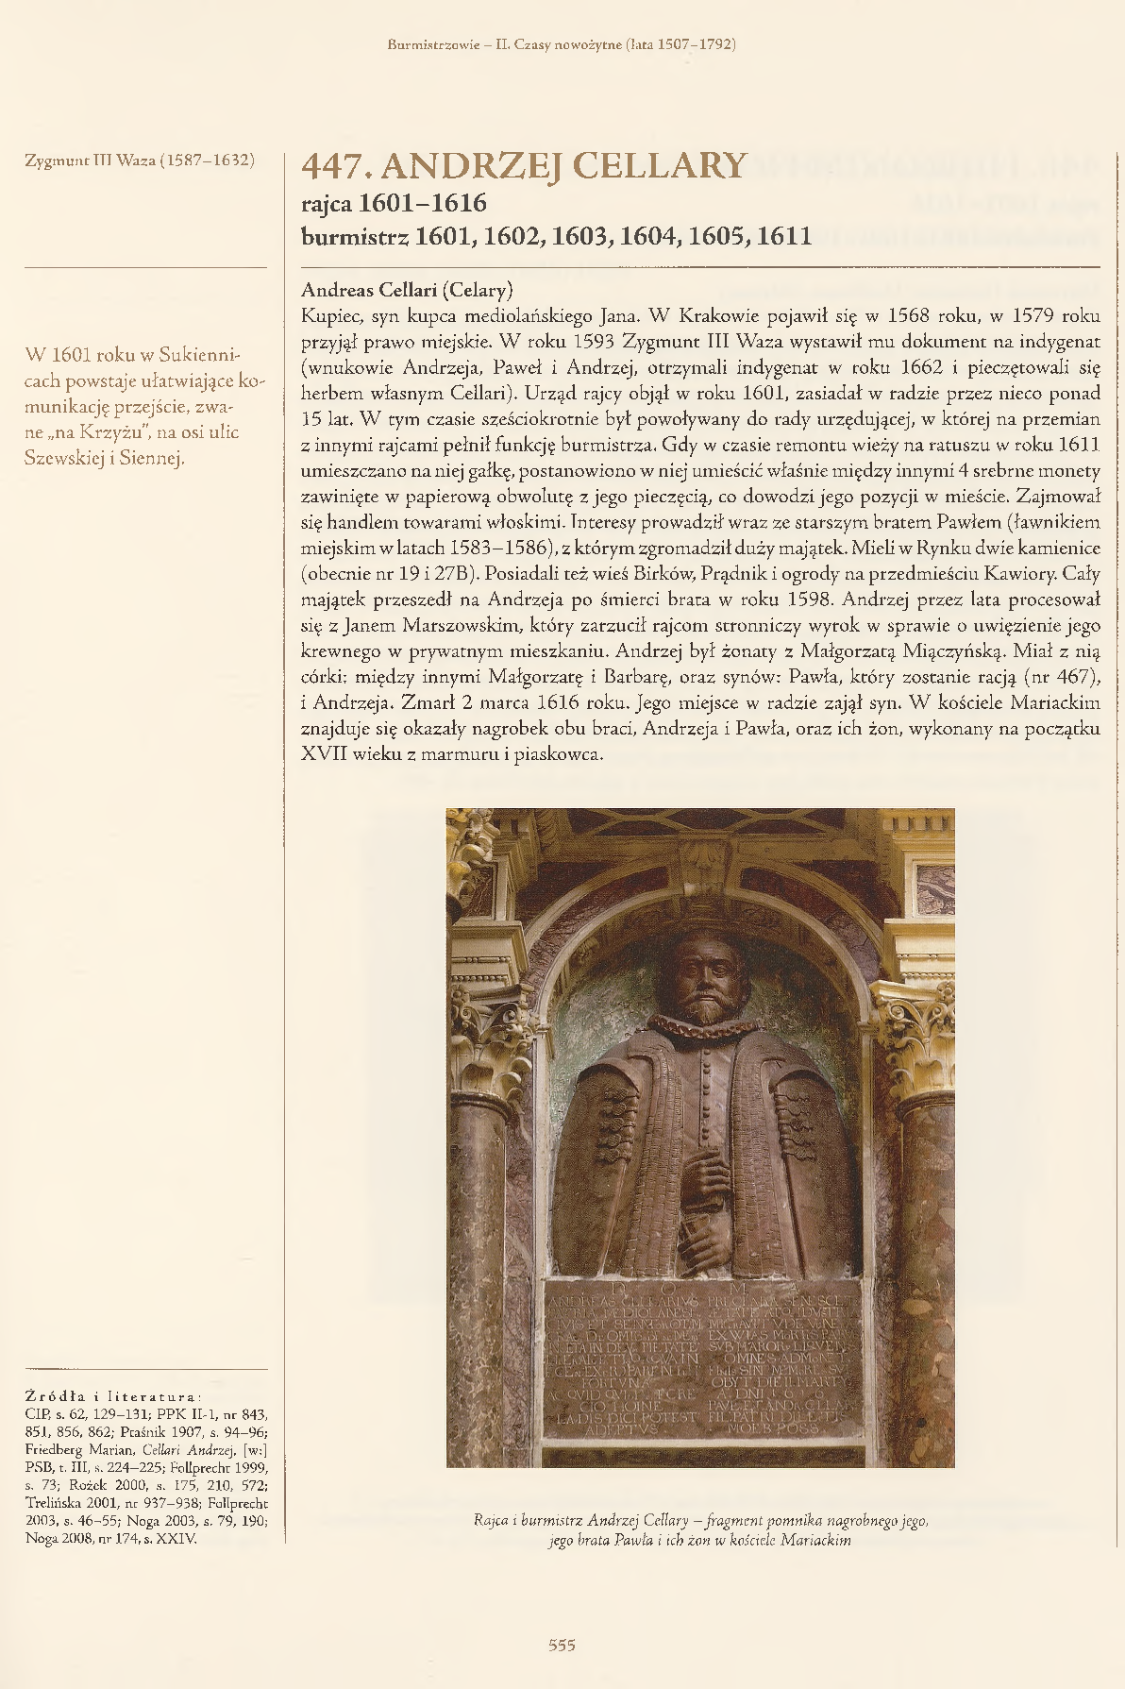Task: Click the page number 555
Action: coord(562,1645)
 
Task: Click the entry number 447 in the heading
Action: coord(333,166)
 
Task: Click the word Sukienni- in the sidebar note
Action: coord(200,355)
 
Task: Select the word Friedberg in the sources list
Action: coord(54,1449)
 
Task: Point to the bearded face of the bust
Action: coord(703,972)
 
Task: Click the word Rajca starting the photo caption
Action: coord(492,1520)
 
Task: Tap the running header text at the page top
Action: coord(562,44)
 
